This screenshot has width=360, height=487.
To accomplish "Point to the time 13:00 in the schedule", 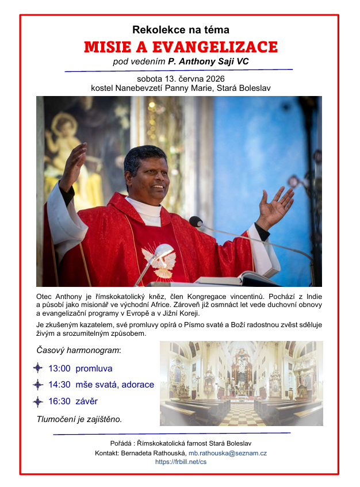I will click(59, 368).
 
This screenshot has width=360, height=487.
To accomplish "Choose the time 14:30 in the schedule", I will click(59, 385).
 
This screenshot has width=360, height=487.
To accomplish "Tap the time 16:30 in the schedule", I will click(59, 401).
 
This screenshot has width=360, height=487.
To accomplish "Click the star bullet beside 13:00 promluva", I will click(38, 368).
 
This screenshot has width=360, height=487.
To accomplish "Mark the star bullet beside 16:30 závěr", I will click(38, 401).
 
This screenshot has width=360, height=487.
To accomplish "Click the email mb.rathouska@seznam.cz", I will click(227, 453).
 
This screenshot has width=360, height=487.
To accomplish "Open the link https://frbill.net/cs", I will click(180, 462).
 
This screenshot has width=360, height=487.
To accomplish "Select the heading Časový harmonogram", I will click(79, 350).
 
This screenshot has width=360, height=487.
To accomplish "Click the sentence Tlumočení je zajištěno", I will click(79, 419).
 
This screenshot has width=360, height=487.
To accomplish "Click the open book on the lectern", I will click(230, 279).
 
